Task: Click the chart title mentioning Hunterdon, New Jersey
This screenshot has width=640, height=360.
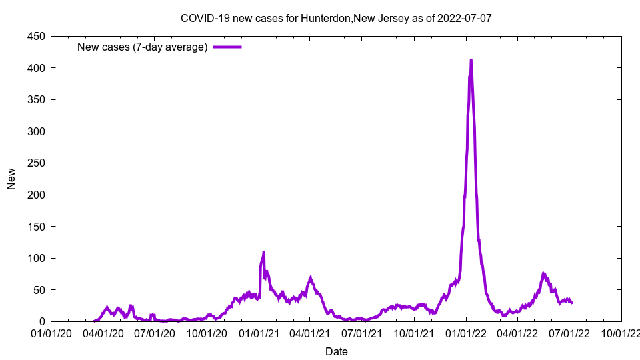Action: pos(336,19)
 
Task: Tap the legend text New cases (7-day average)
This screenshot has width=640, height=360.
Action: pos(143,47)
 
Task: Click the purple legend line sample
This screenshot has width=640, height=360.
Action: pos(227,47)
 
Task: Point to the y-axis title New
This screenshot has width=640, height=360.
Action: pos(11,178)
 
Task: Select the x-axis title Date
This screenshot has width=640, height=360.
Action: pos(336,351)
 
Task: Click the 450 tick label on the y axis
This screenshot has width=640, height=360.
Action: pos(35,37)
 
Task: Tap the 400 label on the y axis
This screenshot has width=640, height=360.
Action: pos(35,68)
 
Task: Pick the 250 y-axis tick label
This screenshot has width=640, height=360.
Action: pos(35,163)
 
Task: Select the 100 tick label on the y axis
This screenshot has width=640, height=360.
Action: pos(35,259)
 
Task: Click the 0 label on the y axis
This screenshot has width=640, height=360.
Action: pos(41,322)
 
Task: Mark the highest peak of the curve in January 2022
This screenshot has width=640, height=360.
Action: pos(471,61)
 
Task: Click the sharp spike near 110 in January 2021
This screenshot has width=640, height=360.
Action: pos(264,252)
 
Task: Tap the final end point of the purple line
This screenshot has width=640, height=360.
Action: pos(572,303)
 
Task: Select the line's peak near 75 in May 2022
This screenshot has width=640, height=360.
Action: pos(543,273)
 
